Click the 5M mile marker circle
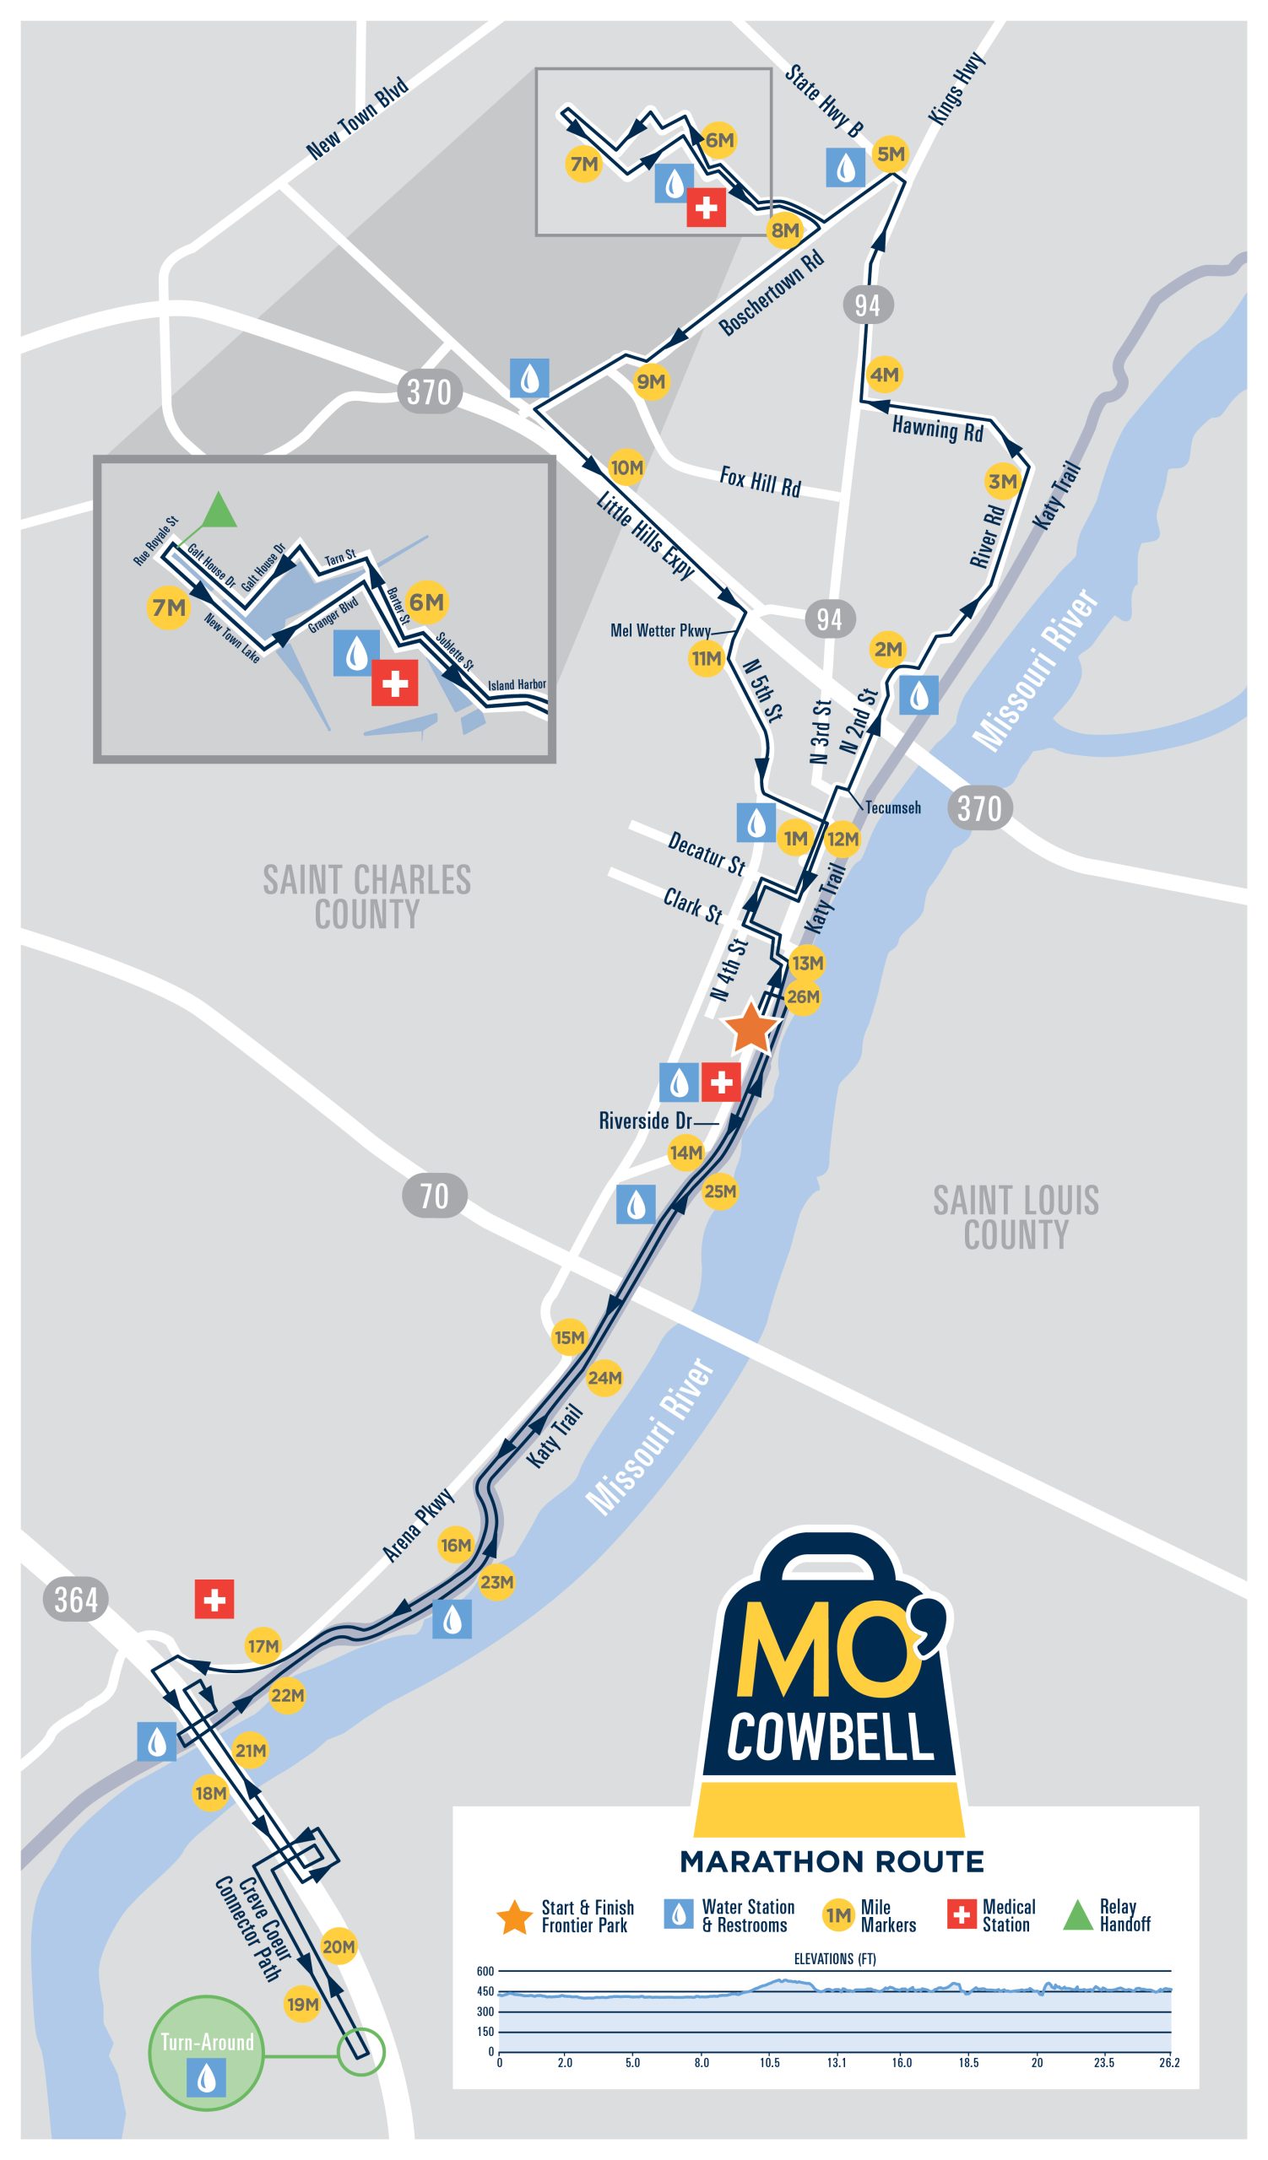point(891,154)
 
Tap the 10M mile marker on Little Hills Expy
point(626,468)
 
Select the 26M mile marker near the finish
point(803,996)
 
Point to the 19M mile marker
point(302,2005)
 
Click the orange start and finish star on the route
point(751,1028)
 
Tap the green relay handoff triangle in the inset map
point(219,510)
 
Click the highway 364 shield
point(75,1600)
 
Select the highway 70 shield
point(434,1196)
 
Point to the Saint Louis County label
point(1016,1218)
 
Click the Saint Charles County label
point(367,897)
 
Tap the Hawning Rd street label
point(937,428)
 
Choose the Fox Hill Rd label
point(760,482)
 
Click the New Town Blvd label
point(356,118)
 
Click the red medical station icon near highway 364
point(214,1600)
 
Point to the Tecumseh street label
point(892,807)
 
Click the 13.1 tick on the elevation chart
point(837,2062)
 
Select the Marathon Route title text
point(832,1861)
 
